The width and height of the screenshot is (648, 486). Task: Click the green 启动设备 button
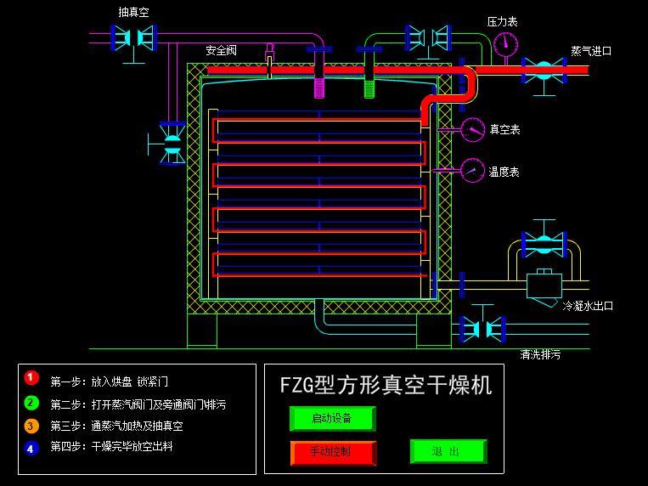tap(331, 418)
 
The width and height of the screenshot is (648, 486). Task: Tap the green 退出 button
tap(448, 451)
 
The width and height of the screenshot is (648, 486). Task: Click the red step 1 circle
tap(31, 377)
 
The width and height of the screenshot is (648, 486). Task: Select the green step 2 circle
tap(31, 402)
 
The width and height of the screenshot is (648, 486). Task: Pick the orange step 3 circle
tap(31, 426)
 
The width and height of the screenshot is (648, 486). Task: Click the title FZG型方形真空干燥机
tap(386, 385)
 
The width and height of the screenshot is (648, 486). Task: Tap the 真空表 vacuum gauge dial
tap(473, 129)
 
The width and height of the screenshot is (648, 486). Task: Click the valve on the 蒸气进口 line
tap(544, 70)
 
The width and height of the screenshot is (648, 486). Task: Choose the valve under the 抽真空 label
tap(134, 36)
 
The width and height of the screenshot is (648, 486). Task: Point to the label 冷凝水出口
tap(588, 306)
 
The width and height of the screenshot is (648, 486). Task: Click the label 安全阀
tap(221, 51)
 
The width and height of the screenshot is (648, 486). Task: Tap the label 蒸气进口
tap(591, 51)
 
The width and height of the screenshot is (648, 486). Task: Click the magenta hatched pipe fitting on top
tap(320, 86)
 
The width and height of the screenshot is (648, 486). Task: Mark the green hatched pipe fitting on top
tap(369, 86)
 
